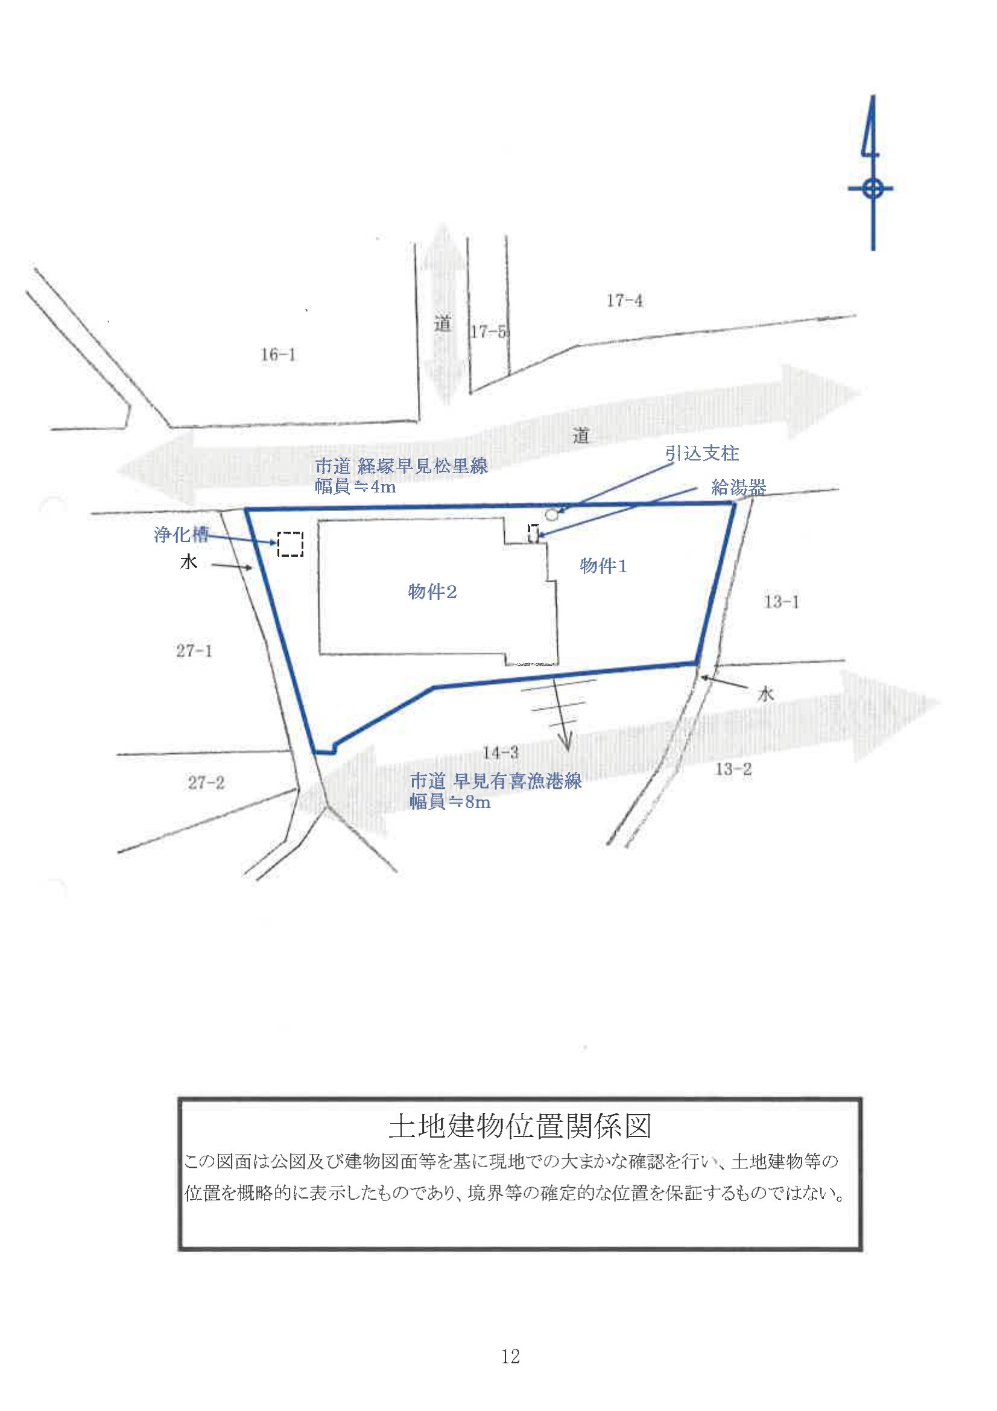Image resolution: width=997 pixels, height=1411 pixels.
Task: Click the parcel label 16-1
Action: pos(278,355)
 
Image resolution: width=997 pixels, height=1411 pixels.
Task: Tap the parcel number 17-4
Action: pos(625,301)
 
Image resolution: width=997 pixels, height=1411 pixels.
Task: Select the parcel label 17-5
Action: pos(489,332)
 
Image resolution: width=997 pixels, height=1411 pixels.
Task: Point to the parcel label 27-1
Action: pos(194,651)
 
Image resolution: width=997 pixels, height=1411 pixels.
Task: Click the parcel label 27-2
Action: pos(206,783)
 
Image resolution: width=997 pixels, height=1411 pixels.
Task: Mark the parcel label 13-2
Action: pos(733,769)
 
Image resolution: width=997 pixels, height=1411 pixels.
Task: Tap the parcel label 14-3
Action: pos(501,752)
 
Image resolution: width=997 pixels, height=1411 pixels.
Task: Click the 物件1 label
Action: pos(603,566)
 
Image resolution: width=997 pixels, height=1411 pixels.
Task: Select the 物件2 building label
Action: pos(432,592)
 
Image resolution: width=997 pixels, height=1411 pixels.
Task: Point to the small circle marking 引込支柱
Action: pos(552,514)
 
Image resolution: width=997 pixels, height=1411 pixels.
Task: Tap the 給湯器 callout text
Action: pos(738,488)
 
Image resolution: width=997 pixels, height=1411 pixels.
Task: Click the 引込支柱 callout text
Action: pos(702,454)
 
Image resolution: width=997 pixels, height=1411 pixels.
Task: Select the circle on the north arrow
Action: pos(872,188)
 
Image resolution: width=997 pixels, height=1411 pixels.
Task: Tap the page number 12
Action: pos(510,1356)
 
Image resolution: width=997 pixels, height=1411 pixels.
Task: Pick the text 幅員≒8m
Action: pos(451,803)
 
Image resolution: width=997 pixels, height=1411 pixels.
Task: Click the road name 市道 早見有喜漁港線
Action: pos(496,781)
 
